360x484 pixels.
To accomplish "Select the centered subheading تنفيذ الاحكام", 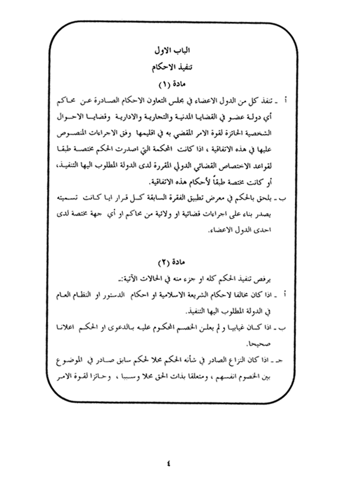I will [177, 68].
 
